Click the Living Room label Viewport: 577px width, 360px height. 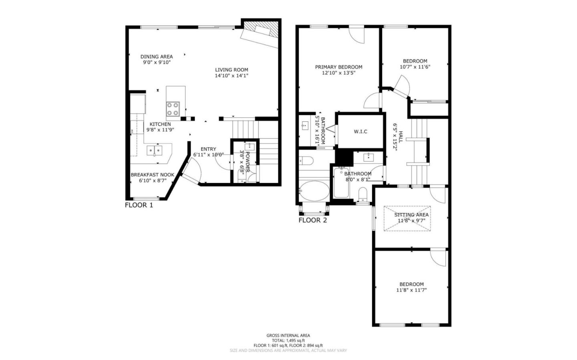[x=231, y=70]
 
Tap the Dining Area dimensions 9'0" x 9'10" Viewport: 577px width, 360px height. [x=156, y=62]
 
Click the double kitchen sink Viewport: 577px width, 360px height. [x=154, y=151]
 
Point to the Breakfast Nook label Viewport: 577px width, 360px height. [x=152, y=175]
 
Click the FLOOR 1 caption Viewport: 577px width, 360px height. [x=139, y=205]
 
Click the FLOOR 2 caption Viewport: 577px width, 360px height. [x=313, y=220]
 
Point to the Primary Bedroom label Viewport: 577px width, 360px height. [x=339, y=67]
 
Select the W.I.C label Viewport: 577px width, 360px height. [x=360, y=131]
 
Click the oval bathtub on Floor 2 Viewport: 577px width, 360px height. [x=314, y=191]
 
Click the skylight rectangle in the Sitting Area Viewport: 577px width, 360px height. [x=408, y=219]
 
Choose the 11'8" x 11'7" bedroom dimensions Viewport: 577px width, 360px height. [x=412, y=290]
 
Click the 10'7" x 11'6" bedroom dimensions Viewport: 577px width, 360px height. [x=415, y=67]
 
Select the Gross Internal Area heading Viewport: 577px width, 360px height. [x=288, y=336]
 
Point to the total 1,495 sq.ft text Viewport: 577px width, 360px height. [x=288, y=340]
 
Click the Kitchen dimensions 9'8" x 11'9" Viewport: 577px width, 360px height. [x=160, y=130]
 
